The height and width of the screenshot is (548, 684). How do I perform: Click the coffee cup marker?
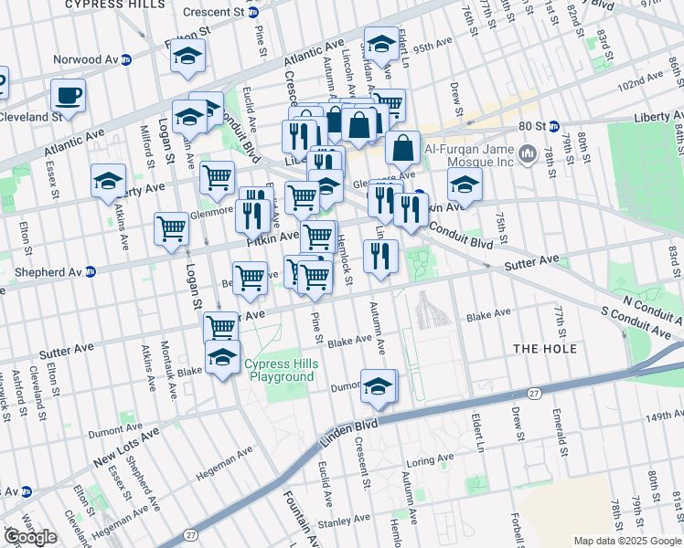coord(68,94)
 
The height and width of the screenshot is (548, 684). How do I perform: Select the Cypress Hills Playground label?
coord(280,371)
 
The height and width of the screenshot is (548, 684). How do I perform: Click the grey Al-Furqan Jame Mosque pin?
coord(527,156)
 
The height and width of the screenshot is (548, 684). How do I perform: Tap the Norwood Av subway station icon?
coord(127,59)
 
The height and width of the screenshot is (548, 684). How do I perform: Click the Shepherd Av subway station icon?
coord(90,272)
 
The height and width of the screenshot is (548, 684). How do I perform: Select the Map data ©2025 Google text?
coord(627,540)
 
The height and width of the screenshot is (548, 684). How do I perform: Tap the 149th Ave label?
coord(649,416)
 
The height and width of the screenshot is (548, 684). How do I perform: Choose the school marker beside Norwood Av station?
coord(187,58)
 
